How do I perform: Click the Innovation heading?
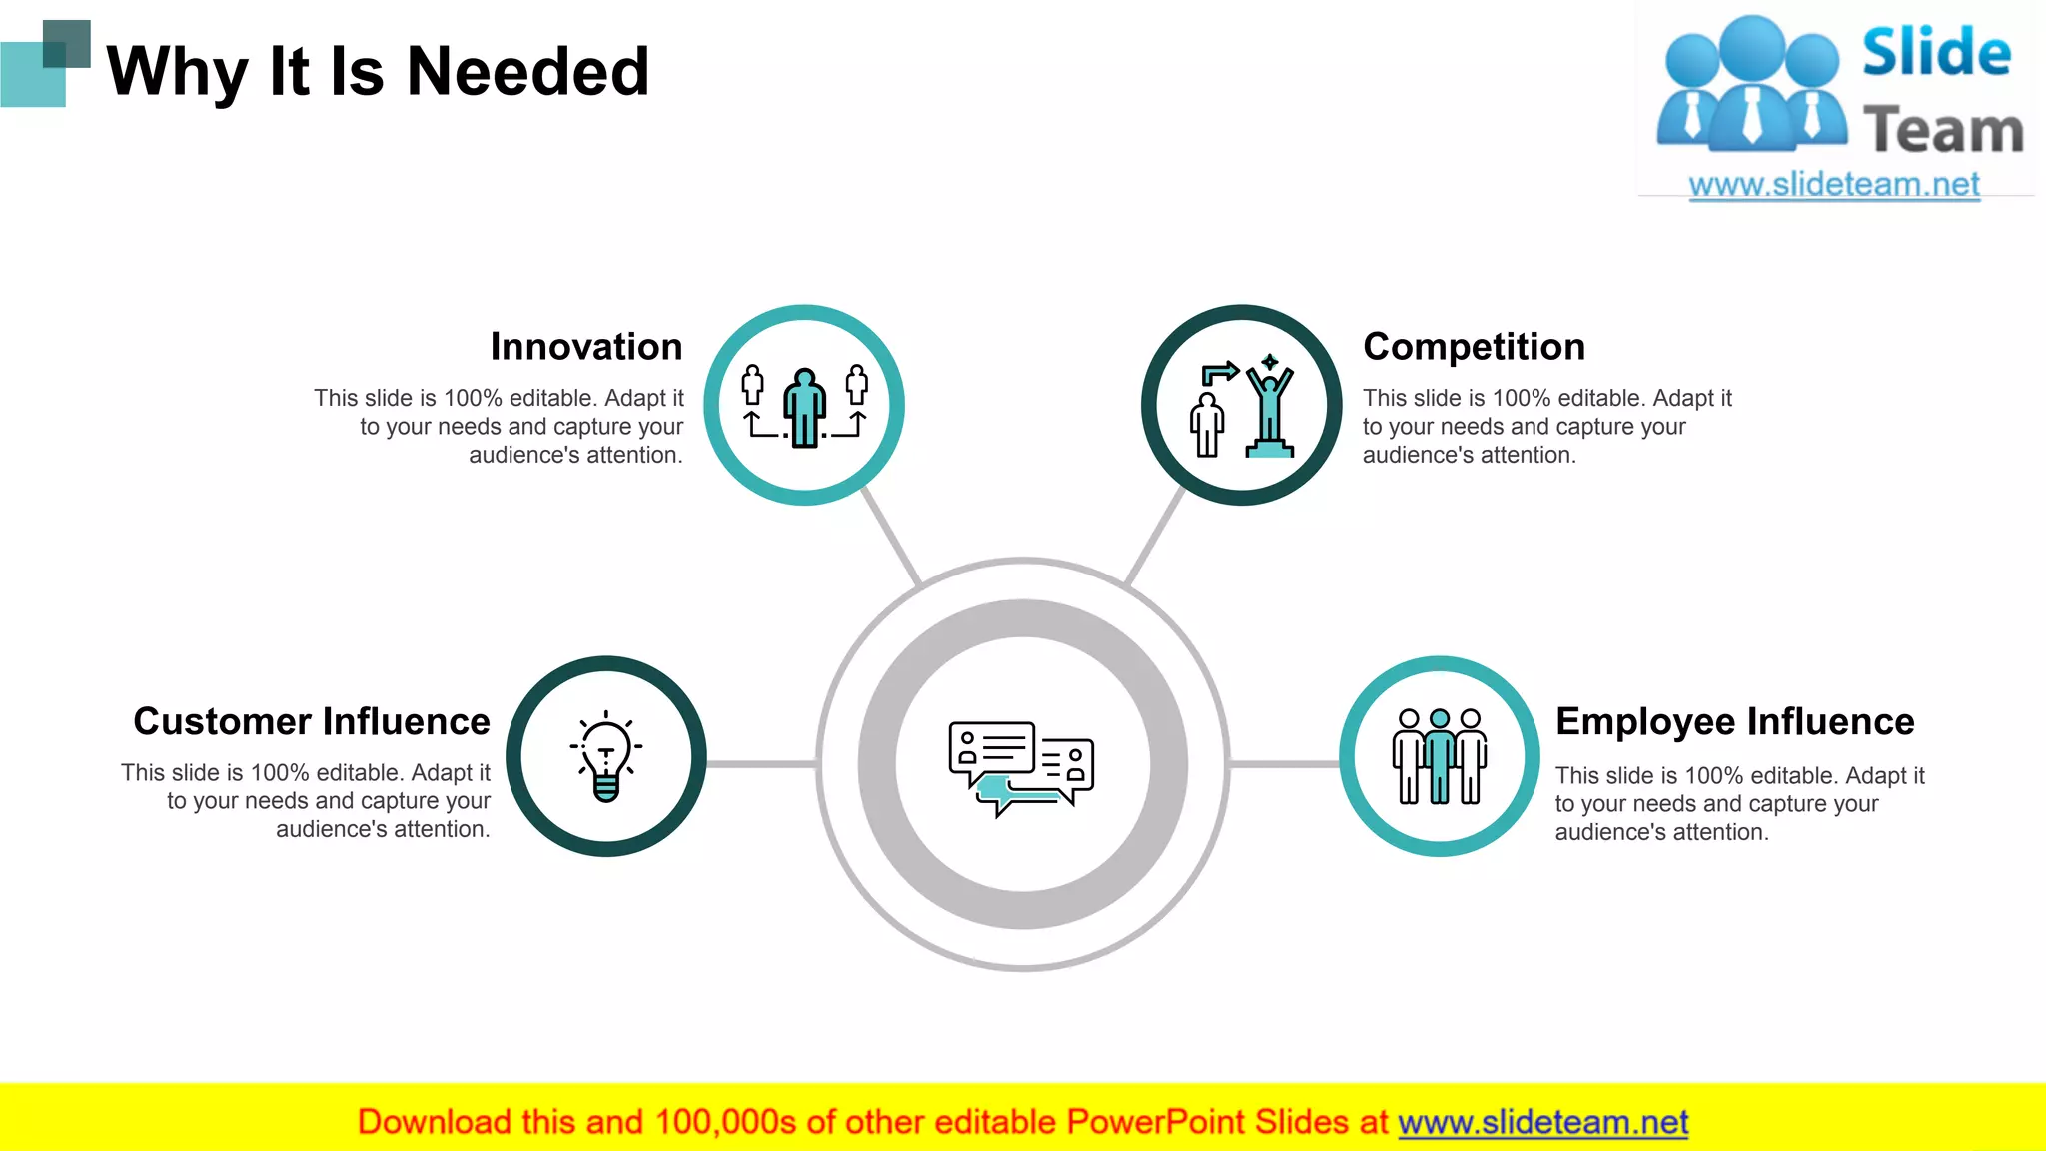pyautogui.click(x=586, y=347)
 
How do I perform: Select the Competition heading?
pyautogui.click(x=1474, y=347)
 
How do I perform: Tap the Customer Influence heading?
pyautogui.click(x=312, y=721)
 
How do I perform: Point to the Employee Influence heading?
pyautogui.click(x=1734, y=721)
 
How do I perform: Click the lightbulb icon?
pyautogui.click(x=606, y=758)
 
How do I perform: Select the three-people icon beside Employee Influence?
pyautogui.click(x=1439, y=756)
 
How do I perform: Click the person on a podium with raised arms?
pyautogui.click(x=1270, y=410)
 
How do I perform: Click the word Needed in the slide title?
pyautogui.click(x=528, y=72)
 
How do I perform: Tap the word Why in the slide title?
pyautogui.click(x=177, y=72)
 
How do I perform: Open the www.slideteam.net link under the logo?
pyautogui.click(x=1834, y=185)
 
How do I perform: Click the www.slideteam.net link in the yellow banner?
pyautogui.click(x=1542, y=1122)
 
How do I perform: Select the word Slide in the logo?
pyautogui.click(x=1936, y=52)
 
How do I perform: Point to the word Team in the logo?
pyautogui.click(x=1943, y=131)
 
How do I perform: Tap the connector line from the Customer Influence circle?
pyautogui.click(x=762, y=764)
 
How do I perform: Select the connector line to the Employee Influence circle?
pyautogui.click(x=1284, y=764)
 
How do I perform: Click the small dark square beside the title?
pyautogui.click(x=68, y=42)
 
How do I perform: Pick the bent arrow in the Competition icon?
pyautogui.click(x=1219, y=374)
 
